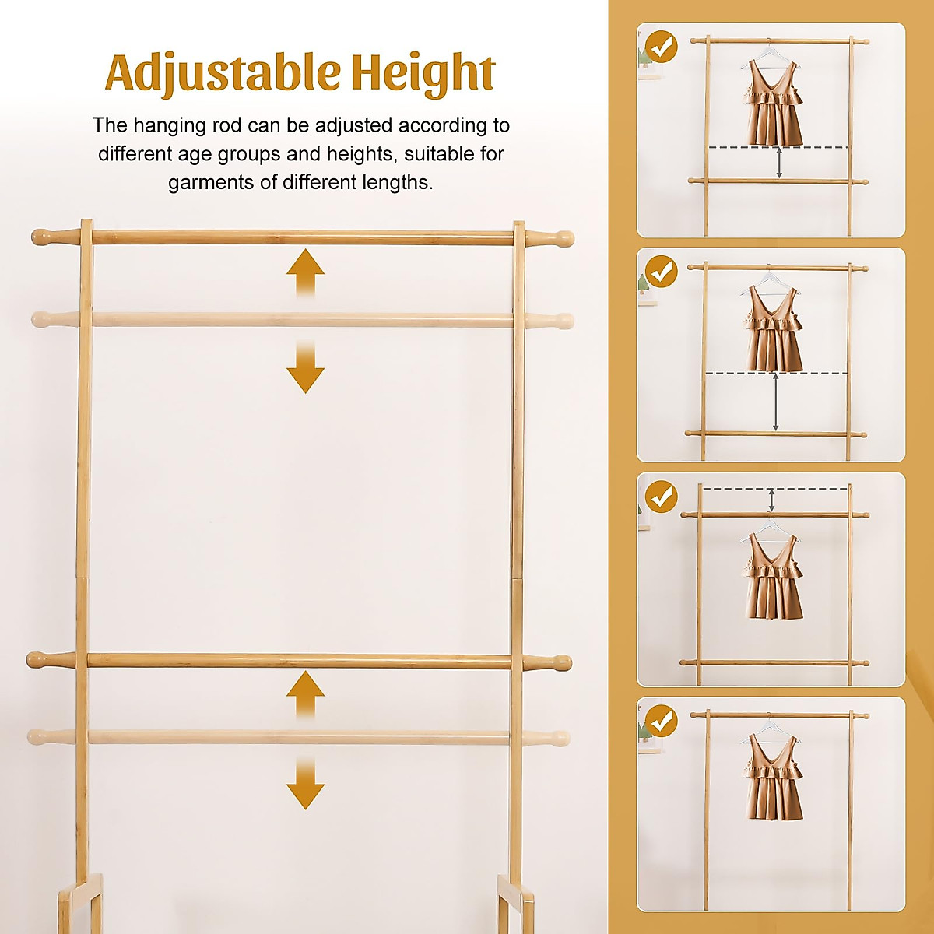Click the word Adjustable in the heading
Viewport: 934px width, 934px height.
point(224,73)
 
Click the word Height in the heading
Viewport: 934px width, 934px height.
point(423,73)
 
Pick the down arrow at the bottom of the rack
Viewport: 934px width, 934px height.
point(305,786)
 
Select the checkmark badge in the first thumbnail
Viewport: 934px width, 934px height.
point(662,47)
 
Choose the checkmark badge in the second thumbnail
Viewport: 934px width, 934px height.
point(662,272)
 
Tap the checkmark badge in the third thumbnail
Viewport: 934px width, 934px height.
point(662,496)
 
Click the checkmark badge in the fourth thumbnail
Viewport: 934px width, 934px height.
point(662,721)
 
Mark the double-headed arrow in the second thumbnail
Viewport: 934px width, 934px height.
point(776,402)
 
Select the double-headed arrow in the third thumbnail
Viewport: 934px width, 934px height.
point(771,500)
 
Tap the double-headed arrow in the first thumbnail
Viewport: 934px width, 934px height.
point(779,163)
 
